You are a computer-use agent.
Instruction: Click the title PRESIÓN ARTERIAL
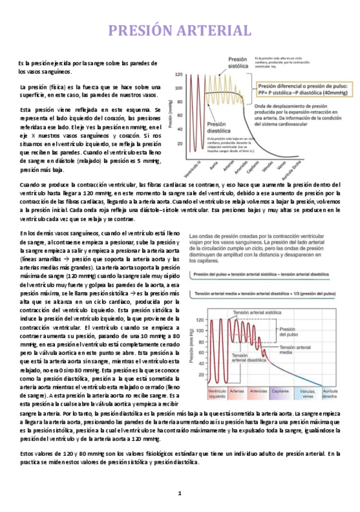pos(179,30)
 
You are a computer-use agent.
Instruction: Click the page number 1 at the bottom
pos(179,493)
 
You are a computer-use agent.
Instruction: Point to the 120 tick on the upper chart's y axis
pos(179,74)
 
